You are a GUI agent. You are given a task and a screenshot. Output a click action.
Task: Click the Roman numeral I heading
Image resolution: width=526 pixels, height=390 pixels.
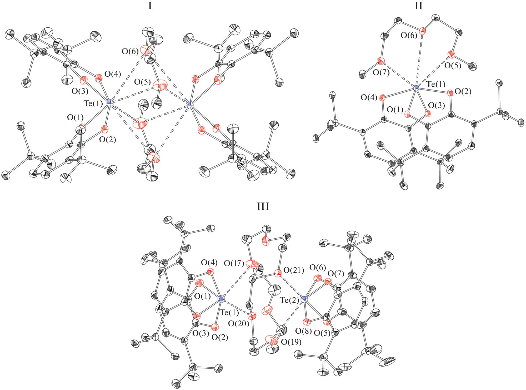tap(150, 6)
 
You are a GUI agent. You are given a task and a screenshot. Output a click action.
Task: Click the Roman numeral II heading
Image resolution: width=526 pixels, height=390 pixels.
tap(419, 6)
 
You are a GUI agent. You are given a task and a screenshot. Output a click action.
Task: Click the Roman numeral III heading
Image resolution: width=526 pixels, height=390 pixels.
tap(263, 206)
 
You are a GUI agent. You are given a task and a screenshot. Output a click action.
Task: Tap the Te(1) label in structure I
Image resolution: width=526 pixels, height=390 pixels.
tap(93, 103)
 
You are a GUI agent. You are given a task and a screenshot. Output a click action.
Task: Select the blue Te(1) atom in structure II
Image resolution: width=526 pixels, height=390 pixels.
tap(416, 88)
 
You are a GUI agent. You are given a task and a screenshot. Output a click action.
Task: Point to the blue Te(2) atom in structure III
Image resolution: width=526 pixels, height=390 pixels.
tap(304, 299)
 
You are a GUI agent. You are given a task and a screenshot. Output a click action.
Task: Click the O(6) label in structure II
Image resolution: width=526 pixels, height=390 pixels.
tap(409, 35)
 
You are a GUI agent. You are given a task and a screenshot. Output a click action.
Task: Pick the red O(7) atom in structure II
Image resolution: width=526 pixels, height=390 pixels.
tap(380, 61)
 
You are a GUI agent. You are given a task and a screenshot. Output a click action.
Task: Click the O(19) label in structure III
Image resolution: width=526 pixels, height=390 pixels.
tap(291, 342)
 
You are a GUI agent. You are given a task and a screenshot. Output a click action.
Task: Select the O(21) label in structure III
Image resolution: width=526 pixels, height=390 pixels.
tap(294, 270)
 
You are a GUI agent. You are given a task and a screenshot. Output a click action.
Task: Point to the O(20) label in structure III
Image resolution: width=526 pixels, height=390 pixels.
tap(239, 324)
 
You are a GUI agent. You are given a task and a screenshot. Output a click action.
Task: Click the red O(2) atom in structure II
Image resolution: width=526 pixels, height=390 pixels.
tap(450, 93)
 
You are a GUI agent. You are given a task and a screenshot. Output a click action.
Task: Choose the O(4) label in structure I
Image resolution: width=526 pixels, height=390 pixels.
tap(113, 74)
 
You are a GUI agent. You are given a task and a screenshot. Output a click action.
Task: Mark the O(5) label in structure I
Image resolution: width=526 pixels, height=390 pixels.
tap(143, 82)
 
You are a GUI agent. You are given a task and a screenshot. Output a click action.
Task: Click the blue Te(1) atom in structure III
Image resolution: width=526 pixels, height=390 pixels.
tap(221, 299)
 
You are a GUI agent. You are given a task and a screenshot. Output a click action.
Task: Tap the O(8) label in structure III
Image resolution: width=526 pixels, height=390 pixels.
tap(303, 331)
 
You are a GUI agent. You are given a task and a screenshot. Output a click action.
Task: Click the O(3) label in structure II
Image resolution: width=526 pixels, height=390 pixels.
tap(437, 105)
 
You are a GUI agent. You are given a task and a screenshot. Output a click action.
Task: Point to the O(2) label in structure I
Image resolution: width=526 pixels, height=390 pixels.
tap(108, 140)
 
